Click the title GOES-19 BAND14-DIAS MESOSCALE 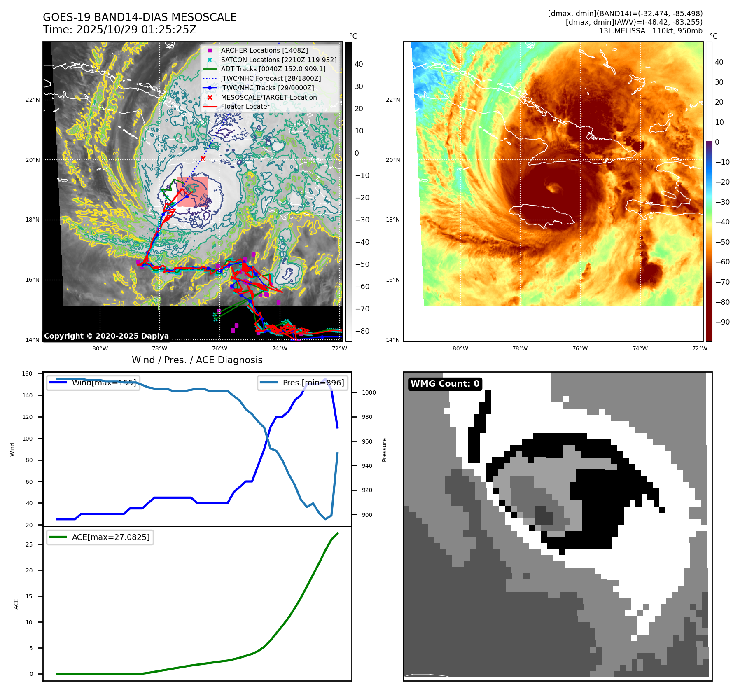click(x=140, y=17)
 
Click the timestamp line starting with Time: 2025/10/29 click(x=119, y=30)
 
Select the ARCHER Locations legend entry click(x=264, y=50)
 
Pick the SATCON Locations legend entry click(x=278, y=60)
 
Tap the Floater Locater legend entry click(x=245, y=106)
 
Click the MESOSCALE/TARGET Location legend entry click(x=268, y=97)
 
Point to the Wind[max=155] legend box click(x=93, y=383)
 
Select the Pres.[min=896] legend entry click(x=303, y=383)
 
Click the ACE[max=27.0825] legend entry click(x=100, y=537)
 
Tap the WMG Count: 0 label click(x=445, y=384)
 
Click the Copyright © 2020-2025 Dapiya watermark click(x=106, y=336)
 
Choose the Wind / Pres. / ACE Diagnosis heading click(x=197, y=360)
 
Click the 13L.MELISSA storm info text click(x=651, y=31)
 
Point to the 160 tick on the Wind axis click(x=27, y=374)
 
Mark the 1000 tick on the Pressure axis click(x=369, y=392)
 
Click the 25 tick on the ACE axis click(x=29, y=544)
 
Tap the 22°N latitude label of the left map click(x=33, y=100)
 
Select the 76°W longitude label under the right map click(x=580, y=348)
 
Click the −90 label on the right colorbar click(x=722, y=322)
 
